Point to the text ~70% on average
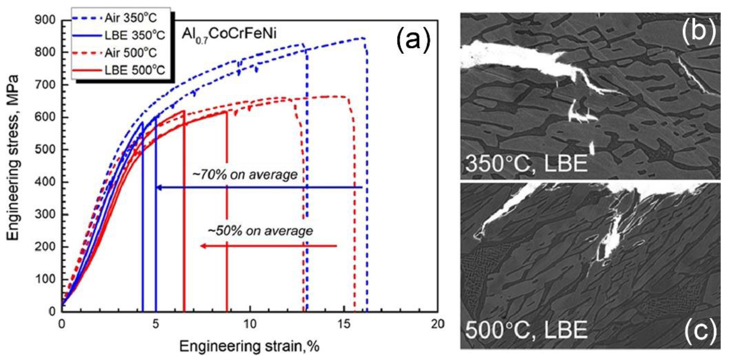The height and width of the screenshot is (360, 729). point(245,175)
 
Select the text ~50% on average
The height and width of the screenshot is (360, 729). point(260,231)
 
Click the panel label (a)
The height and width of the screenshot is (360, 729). point(413,41)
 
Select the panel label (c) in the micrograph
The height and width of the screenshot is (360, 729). point(700,330)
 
